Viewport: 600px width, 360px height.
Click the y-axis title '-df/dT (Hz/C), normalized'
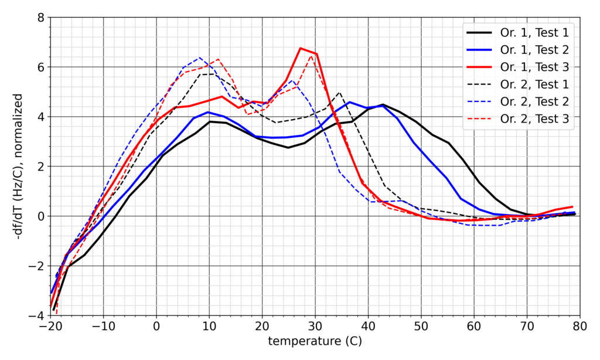pyautogui.click(x=19, y=167)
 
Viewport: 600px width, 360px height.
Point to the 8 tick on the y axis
pyautogui.click(x=40, y=17)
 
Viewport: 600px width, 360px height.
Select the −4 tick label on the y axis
pyautogui.click(x=36, y=316)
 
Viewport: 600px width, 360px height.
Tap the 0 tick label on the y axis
pyautogui.click(x=40, y=216)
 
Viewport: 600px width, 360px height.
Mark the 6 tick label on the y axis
pyautogui.click(x=40, y=67)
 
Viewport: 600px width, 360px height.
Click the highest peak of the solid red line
pyautogui.click(x=301, y=48)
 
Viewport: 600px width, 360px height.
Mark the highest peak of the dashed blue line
pyautogui.click(x=200, y=57)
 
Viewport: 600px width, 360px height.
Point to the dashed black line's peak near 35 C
pyautogui.click(x=339, y=92)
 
